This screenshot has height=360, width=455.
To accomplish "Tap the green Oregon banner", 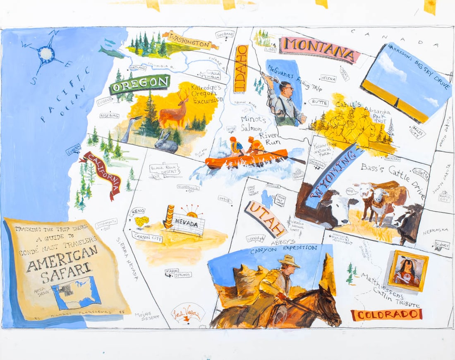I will click(x=140, y=84).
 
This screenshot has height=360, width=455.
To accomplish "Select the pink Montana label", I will click(x=319, y=50).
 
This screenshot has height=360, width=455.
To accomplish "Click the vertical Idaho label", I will click(x=241, y=68).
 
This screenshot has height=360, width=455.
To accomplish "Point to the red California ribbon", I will click(x=103, y=174).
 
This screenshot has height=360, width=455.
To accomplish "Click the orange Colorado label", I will click(x=386, y=314).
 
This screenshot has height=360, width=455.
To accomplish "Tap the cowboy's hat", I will click(x=289, y=261).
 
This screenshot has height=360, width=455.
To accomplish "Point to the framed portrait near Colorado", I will click(x=408, y=271).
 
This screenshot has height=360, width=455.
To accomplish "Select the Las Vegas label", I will click(x=188, y=312).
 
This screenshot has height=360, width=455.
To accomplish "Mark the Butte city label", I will click(x=320, y=102).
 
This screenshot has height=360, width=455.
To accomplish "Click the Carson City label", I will click(x=147, y=238).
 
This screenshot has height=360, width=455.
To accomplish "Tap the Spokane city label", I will click(x=225, y=35).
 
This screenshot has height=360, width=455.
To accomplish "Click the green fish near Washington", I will click(x=111, y=53).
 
